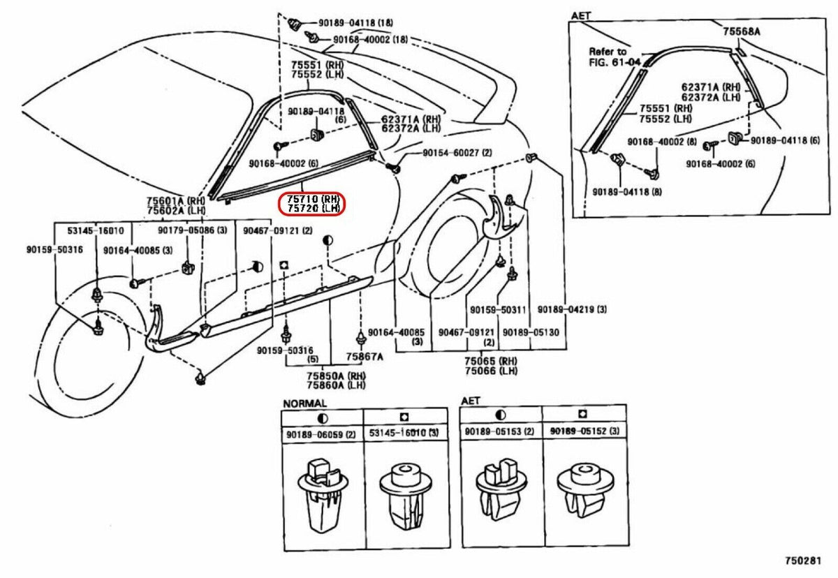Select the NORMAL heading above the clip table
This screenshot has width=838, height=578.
(x=304, y=403)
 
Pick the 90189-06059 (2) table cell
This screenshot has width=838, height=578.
(x=321, y=434)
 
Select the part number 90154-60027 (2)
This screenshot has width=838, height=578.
(x=457, y=153)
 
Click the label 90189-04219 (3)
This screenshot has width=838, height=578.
(x=571, y=309)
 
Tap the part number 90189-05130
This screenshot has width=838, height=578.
(x=531, y=332)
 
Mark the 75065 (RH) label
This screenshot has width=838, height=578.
(x=490, y=361)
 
